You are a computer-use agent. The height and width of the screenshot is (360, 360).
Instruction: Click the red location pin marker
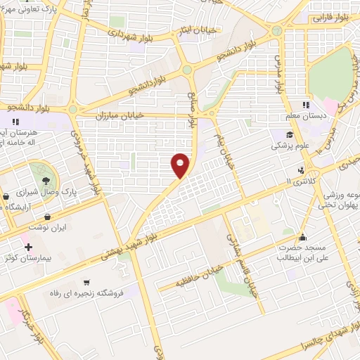[x=181, y=165]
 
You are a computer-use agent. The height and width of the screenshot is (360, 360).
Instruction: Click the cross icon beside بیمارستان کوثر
[x=27, y=247]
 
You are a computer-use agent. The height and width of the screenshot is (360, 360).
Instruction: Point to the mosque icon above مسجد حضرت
[x=302, y=237]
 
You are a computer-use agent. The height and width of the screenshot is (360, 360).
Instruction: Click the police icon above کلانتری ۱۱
[x=302, y=169]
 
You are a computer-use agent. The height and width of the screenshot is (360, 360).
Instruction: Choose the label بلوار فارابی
[x=330, y=15]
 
